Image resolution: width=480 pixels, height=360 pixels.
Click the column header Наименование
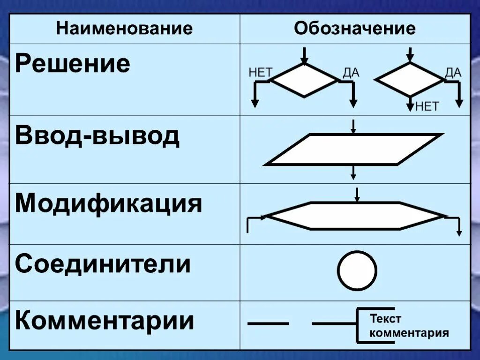(x=124, y=29)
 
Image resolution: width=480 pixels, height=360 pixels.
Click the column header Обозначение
(x=355, y=29)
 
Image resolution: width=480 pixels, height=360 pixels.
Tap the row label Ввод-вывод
(x=97, y=135)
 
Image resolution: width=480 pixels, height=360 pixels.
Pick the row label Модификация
(x=109, y=203)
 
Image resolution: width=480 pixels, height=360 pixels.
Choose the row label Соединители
(x=103, y=264)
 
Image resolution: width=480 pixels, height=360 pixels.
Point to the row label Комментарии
(x=105, y=321)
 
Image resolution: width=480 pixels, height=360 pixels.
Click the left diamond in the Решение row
(x=305, y=80)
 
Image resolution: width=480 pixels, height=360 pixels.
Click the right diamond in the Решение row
(x=410, y=80)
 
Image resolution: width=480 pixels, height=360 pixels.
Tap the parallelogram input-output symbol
(x=354, y=150)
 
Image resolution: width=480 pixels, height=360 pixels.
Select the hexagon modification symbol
(x=355, y=216)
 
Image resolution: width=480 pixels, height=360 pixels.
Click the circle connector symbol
(x=357, y=271)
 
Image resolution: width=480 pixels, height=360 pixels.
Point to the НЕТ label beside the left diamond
(x=260, y=73)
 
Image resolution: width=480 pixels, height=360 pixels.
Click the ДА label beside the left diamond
(x=351, y=73)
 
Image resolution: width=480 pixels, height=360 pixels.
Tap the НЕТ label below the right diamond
(x=427, y=106)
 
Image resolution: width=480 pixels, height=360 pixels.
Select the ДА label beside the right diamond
(x=453, y=72)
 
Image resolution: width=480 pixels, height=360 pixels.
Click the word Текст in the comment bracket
(x=386, y=319)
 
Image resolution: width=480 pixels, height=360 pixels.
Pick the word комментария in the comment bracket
(x=409, y=333)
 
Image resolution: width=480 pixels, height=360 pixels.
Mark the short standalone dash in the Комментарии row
(x=268, y=323)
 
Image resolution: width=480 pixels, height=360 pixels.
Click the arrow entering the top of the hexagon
(x=358, y=195)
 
